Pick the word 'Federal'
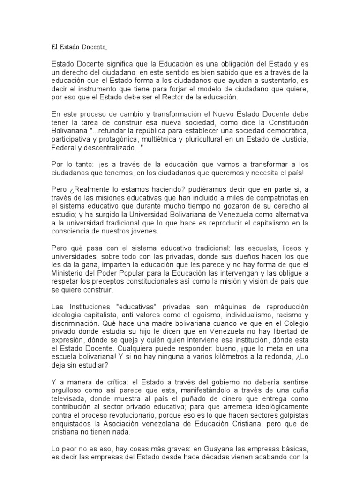[x=63, y=147]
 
